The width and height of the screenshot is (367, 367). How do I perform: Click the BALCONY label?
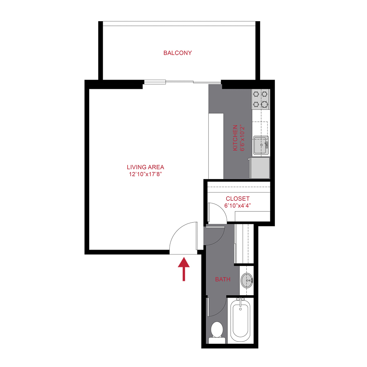(x=177, y=53)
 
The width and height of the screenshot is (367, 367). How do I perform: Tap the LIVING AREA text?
(x=145, y=167)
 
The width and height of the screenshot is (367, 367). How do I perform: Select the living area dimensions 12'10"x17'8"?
(x=145, y=174)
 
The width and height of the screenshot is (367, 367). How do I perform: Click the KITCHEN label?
(x=235, y=138)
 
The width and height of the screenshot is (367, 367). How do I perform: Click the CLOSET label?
(x=237, y=199)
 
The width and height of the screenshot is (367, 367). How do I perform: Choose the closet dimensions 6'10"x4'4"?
(x=237, y=206)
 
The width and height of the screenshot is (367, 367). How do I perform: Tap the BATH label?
(x=223, y=279)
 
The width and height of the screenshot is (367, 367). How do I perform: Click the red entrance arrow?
(x=184, y=269)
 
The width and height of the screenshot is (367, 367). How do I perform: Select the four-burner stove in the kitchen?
(x=261, y=99)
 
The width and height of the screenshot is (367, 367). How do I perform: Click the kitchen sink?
(x=260, y=145)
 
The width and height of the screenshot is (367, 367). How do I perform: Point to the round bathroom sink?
(x=246, y=281)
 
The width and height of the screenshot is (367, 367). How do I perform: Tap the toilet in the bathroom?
(x=217, y=329)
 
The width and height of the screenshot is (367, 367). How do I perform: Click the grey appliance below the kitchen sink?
(x=260, y=168)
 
